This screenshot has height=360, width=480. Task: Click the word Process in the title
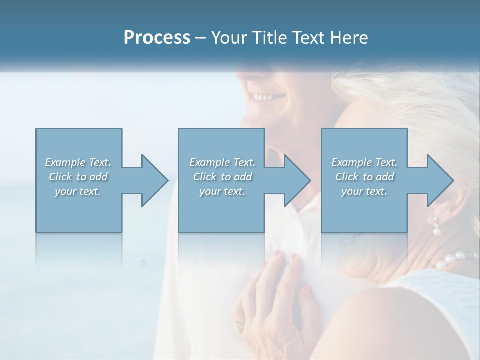point(157,38)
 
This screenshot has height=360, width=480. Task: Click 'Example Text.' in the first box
point(78,162)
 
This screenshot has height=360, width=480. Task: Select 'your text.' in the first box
point(78,191)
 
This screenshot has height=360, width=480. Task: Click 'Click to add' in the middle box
point(222,177)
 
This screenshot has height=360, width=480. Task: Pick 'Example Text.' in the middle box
point(222,162)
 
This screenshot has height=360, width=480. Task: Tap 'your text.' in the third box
point(364,191)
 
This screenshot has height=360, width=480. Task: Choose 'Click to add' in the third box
point(364,177)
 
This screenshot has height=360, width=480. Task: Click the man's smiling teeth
point(264,96)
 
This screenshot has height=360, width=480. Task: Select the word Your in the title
point(228,38)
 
